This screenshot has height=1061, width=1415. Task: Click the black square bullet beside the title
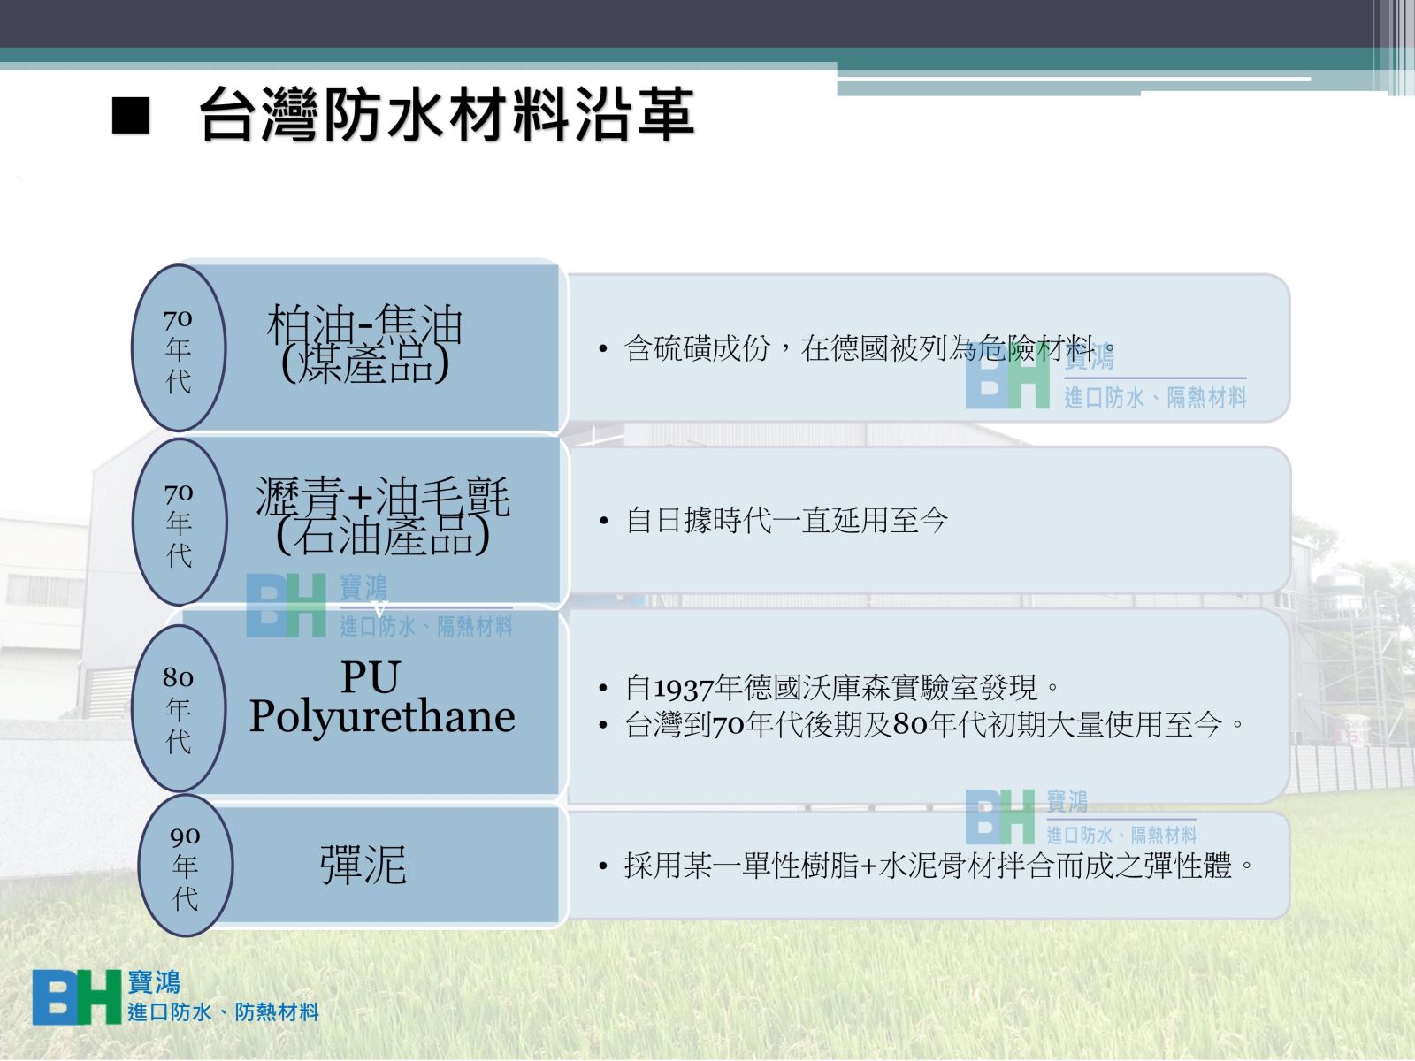(x=130, y=115)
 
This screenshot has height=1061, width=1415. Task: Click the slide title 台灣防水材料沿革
(x=447, y=115)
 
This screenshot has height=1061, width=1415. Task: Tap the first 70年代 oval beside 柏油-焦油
(x=179, y=347)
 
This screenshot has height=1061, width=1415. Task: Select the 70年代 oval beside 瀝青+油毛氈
(x=180, y=522)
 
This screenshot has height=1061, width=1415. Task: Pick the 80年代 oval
(x=179, y=708)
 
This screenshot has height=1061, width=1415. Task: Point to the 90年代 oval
(x=186, y=866)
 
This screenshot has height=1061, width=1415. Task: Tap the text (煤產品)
(x=365, y=364)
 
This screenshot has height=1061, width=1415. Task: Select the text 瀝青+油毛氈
(x=383, y=497)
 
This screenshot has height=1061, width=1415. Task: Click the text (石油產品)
(x=383, y=535)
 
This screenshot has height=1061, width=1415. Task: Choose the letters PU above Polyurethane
(x=371, y=677)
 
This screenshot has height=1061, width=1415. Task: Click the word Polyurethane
(x=382, y=717)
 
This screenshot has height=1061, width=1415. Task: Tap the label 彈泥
(x=363, y=866)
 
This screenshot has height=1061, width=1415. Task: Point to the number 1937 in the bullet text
(x=684, y=689)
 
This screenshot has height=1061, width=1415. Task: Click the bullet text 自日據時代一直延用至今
(x=786, y=521)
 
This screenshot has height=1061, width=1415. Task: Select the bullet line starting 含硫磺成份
(x=869, y=348)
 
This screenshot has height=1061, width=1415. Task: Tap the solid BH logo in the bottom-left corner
(x=77, y=997)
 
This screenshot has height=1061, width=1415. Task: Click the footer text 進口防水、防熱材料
(x=223, y=1012)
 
